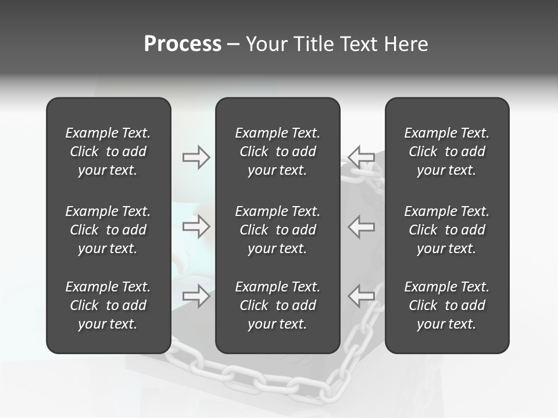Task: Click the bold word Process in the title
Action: pyautogui.click(x=183, y=44)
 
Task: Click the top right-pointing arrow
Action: pyautogui.click(x=196, y=157)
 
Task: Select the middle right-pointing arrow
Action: pyautogui.click(x=196, y=226)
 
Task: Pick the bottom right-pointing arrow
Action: pyautogui.click(x=196, y=296)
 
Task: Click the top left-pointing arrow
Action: pyautogui.click(x=362, y=157)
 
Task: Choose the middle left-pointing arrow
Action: pyautogui.click(x=362, y=226)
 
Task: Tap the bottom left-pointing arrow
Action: pyautogui.click(x=362, y=296)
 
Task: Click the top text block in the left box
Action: pyautogui.click(x=108, y=152)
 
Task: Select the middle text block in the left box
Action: pyautogui.click(x=108, y=230)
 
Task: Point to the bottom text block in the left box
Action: pyautogui.click(x=108, y=305)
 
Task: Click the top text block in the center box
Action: pyautogui.click(x=278, y=152)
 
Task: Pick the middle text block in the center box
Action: pyautogui.click(x=278, y=230)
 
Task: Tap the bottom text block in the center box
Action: pyautogui.click(x=278, y=305)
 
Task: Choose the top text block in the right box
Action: pyautogui.click(x=447, y=152)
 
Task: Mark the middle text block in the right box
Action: pyautogui.click(x=447, y=230)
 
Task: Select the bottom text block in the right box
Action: pyautogui.click(x=447, y=305)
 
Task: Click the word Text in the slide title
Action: pyautogui.click(x=359, y=44)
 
